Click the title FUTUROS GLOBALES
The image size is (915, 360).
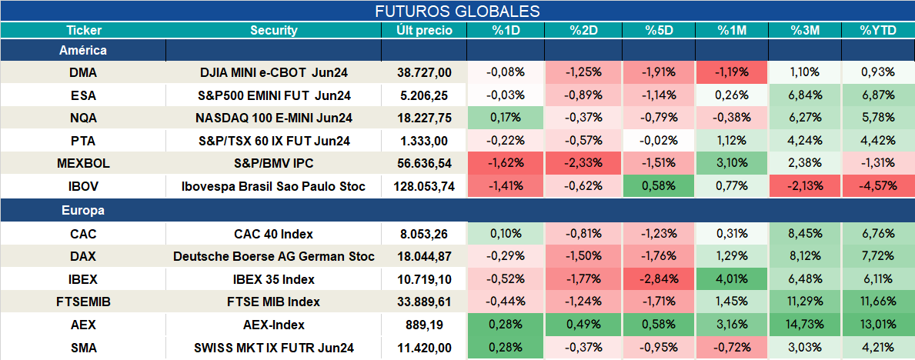coord(457,11)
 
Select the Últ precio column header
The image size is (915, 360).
coord(424,31)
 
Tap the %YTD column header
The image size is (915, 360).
coord(878,31)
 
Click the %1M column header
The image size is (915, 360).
coord(732,31)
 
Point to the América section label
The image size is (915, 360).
coord(83,51)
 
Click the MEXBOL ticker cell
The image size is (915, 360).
coord(83,164)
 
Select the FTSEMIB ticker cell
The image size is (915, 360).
coord(83,302)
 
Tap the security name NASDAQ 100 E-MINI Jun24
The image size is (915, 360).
coord(274,118)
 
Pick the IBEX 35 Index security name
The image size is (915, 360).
coord(274,279)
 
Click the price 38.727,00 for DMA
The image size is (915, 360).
coord(424,72)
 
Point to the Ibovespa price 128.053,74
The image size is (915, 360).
coord(424,187)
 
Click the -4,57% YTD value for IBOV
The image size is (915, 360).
coord(877,187)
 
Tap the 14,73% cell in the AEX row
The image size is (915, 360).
coord(805,325)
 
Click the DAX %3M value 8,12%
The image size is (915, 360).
coord(805,257)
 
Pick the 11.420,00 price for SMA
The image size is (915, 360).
coord(424,348)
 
